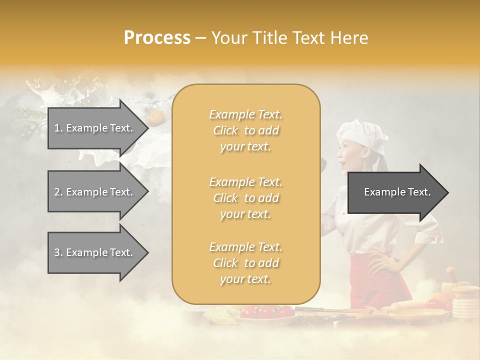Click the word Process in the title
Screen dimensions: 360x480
point(157,38)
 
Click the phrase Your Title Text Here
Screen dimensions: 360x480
point(290,38)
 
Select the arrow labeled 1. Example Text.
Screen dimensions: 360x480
point(95,128)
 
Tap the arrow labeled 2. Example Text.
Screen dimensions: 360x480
point(95,192)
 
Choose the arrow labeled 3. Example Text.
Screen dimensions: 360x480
point(95,252)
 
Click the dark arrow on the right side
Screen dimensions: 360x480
point(397,192)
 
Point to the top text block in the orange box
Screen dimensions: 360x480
point(246,130)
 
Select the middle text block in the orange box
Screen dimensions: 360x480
point(246,198)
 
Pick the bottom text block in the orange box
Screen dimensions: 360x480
point(246,263)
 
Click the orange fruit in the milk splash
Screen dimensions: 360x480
point(155,118)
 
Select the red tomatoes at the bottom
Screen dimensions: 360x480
point(265,311)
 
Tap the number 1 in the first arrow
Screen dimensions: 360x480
point(57,128)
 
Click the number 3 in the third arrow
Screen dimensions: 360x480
point(57,252)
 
